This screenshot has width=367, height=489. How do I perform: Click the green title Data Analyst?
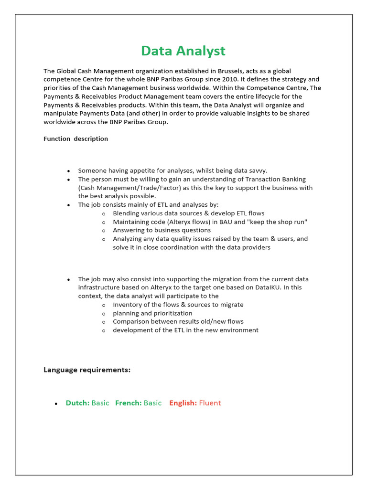click(x=183, y=51)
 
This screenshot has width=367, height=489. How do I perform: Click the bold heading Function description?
click(x=76, y=138)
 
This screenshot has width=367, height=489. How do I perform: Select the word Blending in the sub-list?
click(x=126, y=213)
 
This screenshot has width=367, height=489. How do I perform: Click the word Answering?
click(x=129, y=230)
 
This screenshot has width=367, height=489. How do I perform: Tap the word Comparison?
click(x=130, y=321)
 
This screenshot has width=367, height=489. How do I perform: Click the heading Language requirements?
click(x=87, y=370)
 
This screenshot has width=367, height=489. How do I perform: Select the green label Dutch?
click(x=77, y=403)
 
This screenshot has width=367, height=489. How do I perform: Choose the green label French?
click(x=128, y=403)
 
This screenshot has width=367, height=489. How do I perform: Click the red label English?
click(x=183, y=403)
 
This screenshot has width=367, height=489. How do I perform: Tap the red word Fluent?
click(x=210, y=403)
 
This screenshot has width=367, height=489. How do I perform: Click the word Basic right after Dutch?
click(x=100, y=403)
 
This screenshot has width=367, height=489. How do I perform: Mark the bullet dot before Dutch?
click(x=56, y=404)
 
